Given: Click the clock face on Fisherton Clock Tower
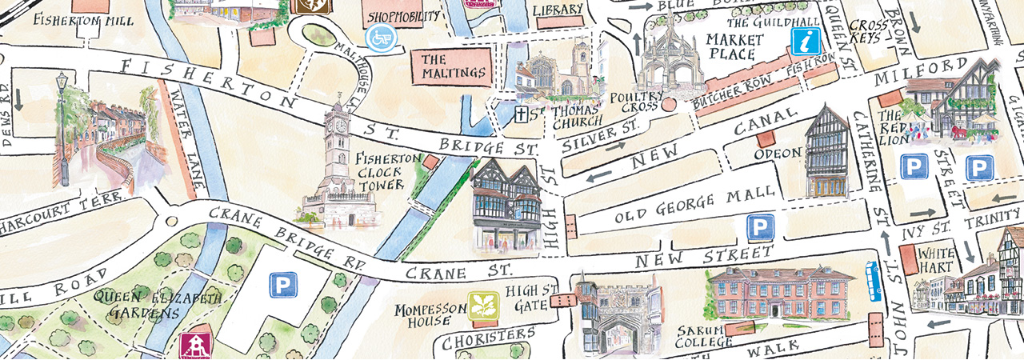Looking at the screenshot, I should pos(340,125).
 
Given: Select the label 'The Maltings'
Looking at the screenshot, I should pos(454,66).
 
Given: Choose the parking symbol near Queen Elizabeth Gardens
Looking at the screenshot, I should pos(282,284).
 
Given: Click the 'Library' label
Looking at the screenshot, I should pos(557,10).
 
